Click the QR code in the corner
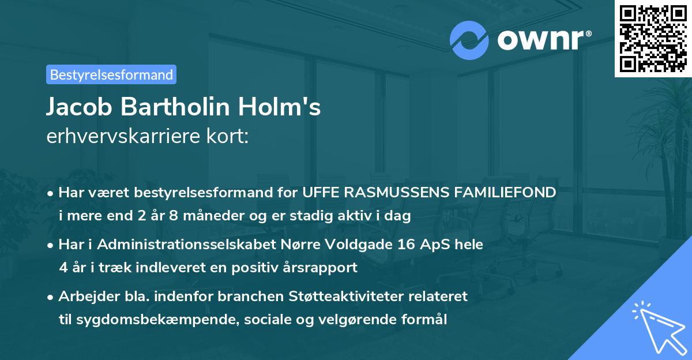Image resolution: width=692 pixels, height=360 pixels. [x=653, y=38]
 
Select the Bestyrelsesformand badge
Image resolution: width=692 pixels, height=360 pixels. [x=111, y=74]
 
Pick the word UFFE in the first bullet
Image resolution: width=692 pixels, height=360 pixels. [x=319, y=193]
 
